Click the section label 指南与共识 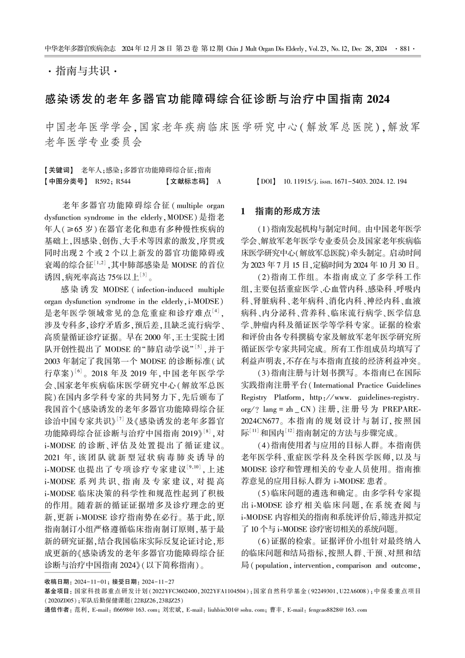tap(83, 71)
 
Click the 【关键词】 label tap(60, 170)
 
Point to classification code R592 tap(102, 182)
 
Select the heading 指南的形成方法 tap(287, 211)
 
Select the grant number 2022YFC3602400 tap(175, 591)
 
